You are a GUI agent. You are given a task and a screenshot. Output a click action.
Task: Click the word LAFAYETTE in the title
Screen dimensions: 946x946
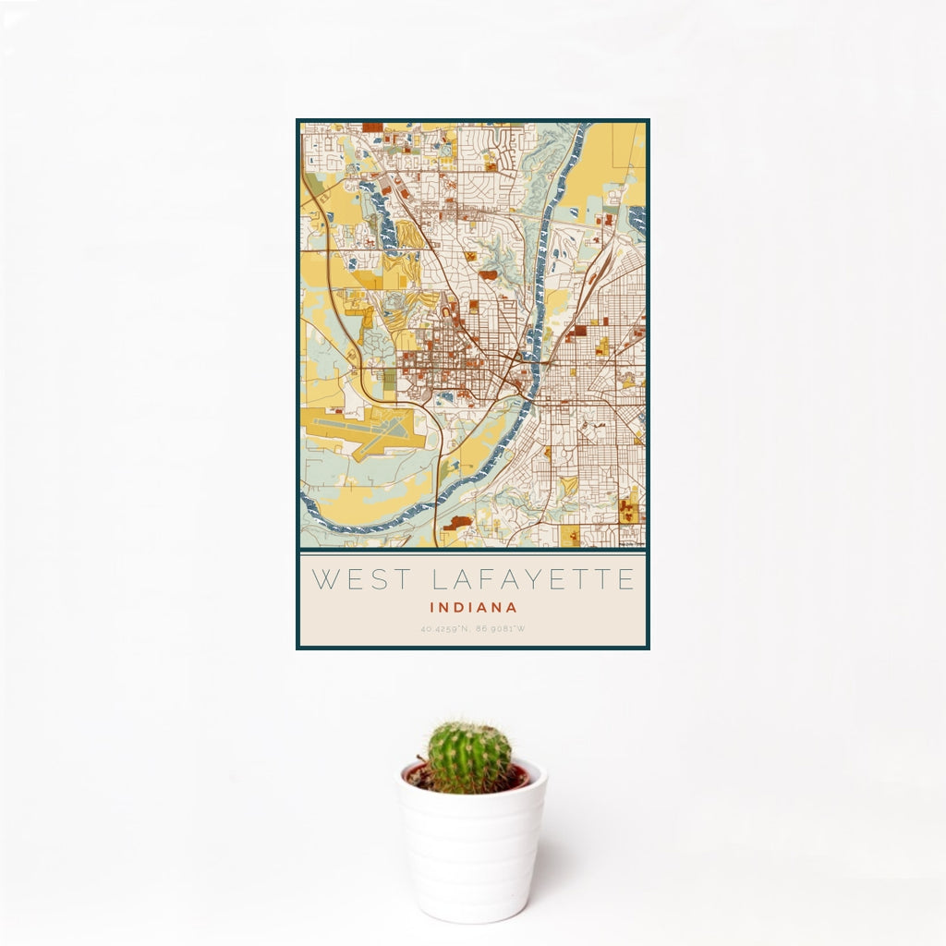point(533,580)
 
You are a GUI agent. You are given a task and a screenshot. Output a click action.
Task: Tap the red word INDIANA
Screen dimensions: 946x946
point(473,608)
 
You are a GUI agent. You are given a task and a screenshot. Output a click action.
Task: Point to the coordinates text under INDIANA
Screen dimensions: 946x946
point(473,630)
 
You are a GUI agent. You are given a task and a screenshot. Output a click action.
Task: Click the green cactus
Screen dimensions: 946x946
point(468,757)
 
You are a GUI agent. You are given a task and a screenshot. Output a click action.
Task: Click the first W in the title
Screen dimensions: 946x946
point(324,580)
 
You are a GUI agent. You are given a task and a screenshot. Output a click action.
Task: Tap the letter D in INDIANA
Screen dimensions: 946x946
point(459,608)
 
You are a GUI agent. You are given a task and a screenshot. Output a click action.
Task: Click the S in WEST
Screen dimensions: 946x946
point(376,580)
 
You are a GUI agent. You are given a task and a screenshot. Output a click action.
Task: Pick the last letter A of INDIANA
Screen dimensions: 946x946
point(512,608)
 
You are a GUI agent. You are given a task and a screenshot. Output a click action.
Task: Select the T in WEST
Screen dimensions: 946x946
point(398,580)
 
